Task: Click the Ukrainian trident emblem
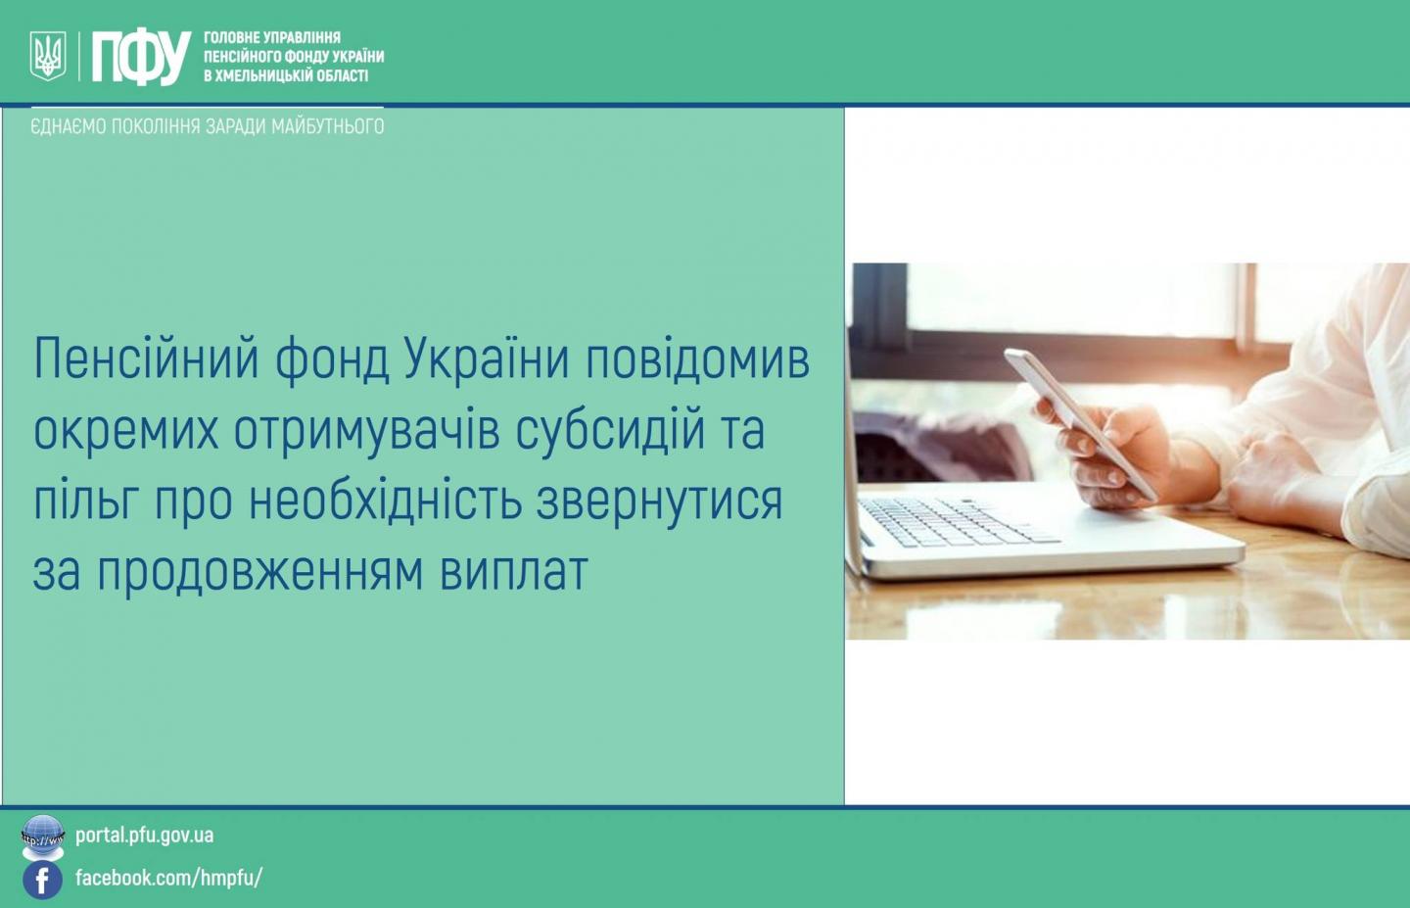pyautogui.click(x=48, y=56)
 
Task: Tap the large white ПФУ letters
pyautogui.click(x=142, y=57)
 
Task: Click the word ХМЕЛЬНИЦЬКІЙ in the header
pyautogui.click(x=267, y=76)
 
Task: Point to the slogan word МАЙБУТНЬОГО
pyautogui.click(x=327, y=126)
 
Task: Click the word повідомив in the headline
pyautogui.click(x=697, y=359)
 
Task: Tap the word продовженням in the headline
pyautogui.click(x=259, y=572)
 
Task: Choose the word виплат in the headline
pyautogui.click(x=514, y=572)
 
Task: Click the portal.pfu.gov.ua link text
pyautogui.click(x=144, y=836)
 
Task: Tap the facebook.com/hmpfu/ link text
pyautogui.click(x=168, y=878)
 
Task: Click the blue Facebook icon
pyautogui.click(x=42, y=880)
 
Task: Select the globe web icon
pyautogui.click(x=42, y=837)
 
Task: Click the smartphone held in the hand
pyautogui.click(x=1080, y=423)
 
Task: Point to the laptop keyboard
pyautogui.click(x=957, y=522)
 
